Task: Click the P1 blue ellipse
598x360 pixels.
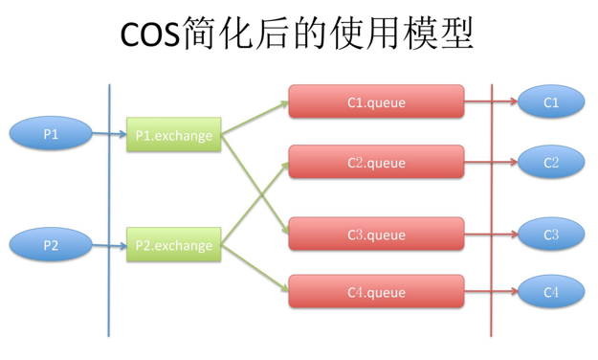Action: tap(51, 135)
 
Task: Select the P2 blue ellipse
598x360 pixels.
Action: tap(51, 245)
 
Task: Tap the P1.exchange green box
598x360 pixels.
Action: tap(174, 136)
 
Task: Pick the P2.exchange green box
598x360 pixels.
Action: tap(174, 245)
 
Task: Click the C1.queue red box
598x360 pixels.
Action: tap(376, 102)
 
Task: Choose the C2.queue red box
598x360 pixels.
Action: tap(376, 163)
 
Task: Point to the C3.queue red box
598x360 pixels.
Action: tap(376, 235)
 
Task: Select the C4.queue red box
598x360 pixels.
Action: tap(376, 291)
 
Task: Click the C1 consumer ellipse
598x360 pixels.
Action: tap(551, 102)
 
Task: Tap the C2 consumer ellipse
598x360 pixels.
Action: tap(551, 163)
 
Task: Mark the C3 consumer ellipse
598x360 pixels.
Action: tap(551, 235)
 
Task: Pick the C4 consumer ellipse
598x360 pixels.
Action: tap(551, 291)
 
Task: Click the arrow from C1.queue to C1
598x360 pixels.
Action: tap(491, 101)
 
